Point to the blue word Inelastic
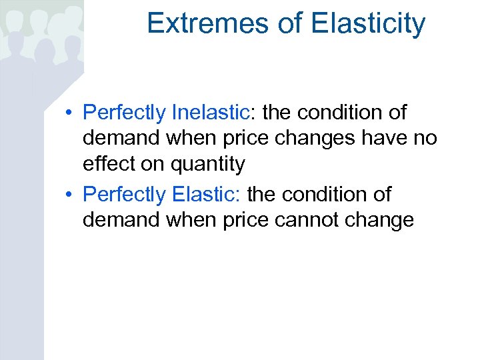coord(209,113)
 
